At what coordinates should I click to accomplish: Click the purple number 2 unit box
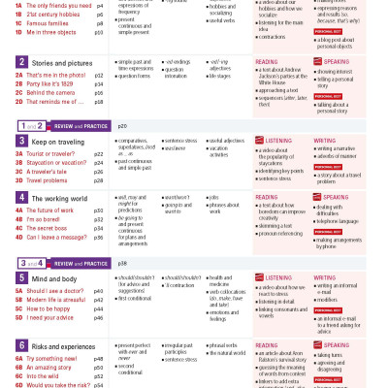click(21, 62)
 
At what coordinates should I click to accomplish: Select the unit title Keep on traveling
click(57, 142)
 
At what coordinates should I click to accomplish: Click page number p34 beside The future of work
click(98, 210)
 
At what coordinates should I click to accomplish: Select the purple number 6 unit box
click(21, 345)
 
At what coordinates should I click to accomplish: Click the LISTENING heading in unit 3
click(277, 141)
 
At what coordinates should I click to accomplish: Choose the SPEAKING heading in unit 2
click(330, 61)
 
